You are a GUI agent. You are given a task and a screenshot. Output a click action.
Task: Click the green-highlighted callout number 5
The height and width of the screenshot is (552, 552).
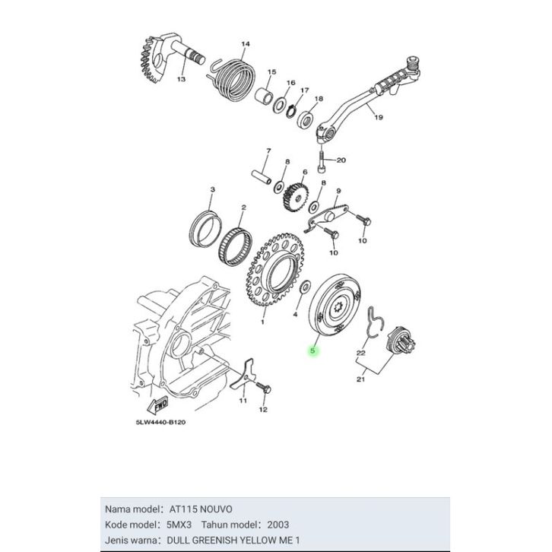[312, 351]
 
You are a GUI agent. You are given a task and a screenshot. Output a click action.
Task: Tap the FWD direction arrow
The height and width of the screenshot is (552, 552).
[158, 404]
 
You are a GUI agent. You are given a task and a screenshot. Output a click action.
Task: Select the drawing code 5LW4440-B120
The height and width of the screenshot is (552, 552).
[160, 422]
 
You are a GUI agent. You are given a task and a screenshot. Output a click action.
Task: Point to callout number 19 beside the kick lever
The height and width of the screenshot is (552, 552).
[379, 117]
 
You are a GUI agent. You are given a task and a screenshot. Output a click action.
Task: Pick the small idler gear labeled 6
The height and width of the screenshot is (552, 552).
[296, 196]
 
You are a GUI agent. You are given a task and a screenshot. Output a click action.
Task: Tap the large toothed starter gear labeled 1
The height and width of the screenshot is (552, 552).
[275, 270]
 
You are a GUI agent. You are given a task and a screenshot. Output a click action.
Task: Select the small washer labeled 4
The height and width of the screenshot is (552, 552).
[305, 286]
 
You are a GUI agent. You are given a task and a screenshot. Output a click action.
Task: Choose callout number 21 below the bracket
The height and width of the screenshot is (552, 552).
[360, 379]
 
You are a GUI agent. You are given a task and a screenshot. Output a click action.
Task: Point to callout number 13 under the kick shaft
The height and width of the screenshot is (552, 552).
[181, 79]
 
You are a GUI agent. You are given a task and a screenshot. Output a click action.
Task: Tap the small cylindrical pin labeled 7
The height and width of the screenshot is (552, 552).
[261, 177]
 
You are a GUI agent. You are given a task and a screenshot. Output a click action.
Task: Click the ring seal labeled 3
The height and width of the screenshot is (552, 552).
[205, 228]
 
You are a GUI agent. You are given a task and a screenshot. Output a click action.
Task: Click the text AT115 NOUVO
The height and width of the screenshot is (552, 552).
[201, 509]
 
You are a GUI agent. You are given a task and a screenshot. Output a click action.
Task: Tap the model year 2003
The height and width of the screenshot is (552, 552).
[278, 525]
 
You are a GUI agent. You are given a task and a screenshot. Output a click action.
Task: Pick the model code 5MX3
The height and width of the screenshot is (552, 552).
[179, 525]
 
